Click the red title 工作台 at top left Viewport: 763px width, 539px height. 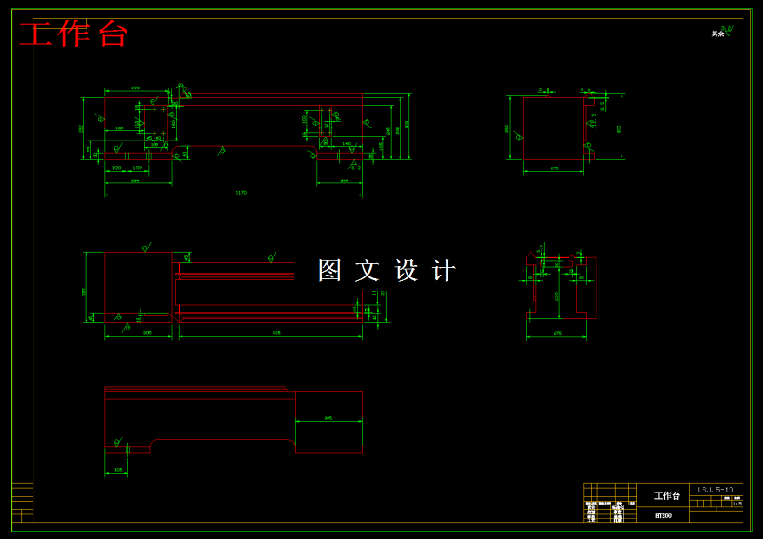(x=74, y=34)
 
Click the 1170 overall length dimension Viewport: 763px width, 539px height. (x=241, y=193)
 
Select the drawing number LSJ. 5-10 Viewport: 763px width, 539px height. (x=716, y=489)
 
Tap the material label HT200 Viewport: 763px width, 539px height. (x=663, y=515)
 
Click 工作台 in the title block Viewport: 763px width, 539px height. (x=666, y=496)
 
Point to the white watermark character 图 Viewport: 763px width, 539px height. (x=330, y=271)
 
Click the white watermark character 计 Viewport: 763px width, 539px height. (x=445, y=271)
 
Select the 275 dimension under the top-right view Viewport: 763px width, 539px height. (x=554, y=168)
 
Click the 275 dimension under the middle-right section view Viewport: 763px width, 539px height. (x=556, y=333)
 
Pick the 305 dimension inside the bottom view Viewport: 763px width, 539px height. (x=328, y=419)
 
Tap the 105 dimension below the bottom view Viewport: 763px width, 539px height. (x=118, y=470)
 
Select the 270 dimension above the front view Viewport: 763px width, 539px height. (x=135, y=88)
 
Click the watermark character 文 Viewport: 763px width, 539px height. (x=368, y=271)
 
